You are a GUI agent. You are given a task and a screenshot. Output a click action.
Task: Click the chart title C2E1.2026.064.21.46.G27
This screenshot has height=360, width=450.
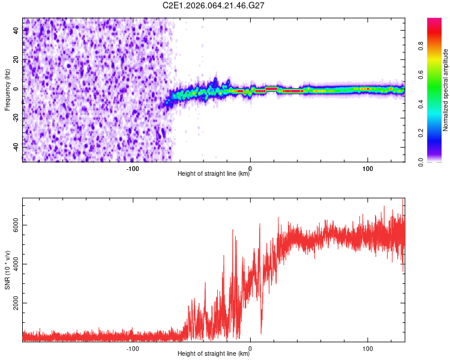214,5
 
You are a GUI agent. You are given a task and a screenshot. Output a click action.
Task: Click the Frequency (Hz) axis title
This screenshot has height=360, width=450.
7,89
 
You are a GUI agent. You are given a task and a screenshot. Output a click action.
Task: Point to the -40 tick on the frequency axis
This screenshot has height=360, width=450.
17,147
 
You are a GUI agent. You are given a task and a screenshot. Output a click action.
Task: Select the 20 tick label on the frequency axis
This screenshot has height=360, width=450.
17,60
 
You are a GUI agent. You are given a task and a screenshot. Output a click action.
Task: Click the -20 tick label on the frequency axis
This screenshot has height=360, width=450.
17,118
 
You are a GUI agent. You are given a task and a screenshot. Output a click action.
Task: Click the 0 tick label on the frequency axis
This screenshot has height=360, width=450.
17,89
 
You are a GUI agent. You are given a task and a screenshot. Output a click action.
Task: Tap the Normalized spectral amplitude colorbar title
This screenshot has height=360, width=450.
446,89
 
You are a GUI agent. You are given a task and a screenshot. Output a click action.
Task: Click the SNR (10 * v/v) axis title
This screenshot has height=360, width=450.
7,269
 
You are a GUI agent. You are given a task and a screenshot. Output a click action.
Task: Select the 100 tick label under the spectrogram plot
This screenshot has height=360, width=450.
367,168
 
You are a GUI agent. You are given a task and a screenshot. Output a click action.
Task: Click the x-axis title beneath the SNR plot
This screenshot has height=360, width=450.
214,354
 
